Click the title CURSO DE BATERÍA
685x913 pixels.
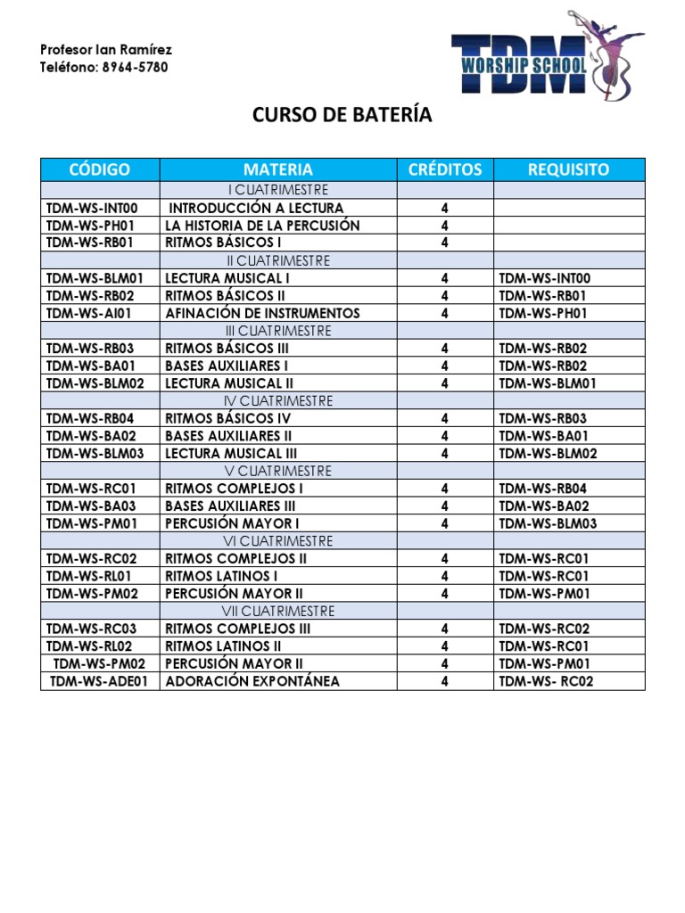click(x=342, y=115)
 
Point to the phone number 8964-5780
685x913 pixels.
click(x=133, y=67)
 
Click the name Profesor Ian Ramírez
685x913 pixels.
click(x=106, y=49)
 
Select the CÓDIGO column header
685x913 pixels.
click(x=99, y=169)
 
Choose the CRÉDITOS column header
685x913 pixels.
click(x=444, y=169)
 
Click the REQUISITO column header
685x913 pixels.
click(x=568, y=169)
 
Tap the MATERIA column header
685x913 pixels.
click(x=278, y=169)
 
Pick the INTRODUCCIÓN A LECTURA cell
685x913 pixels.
click(x=256, y=208)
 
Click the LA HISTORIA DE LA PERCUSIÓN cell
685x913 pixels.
click(x=262, y=226)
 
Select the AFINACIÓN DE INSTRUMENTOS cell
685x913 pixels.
click(x=262, y=313)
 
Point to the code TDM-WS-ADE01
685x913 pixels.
click(x=100, y=681)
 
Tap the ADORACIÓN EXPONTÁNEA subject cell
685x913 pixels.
click(x=252, y=681)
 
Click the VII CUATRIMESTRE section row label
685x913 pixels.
click(x=278, y=611)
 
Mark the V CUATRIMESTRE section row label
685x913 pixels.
click(x=278, y=471)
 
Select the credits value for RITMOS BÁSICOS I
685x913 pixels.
click(x=444, y=243)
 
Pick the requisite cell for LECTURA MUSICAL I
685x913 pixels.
click(x=544, y=278)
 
